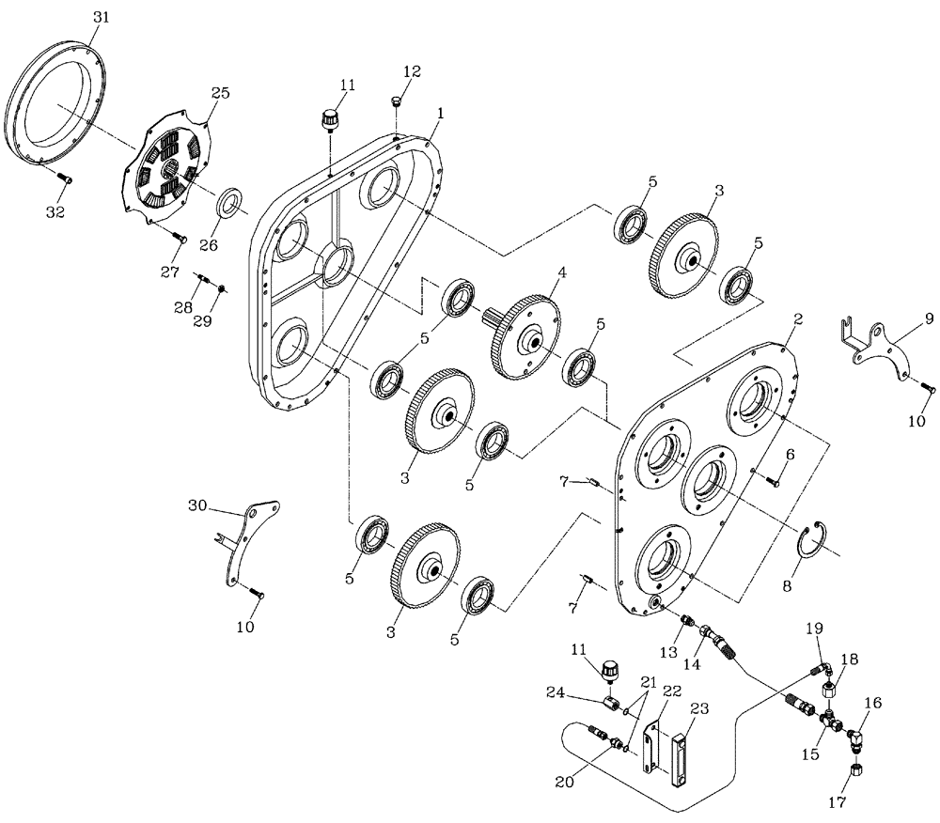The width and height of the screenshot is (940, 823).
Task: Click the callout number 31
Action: tap(102, 18)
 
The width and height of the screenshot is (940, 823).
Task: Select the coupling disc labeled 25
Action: tap(169, 168)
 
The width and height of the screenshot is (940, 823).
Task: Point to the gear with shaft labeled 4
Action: tap(525, 335)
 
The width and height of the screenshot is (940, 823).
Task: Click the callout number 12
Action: tap(413, 71)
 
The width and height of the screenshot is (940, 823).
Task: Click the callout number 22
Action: tap(670, 691)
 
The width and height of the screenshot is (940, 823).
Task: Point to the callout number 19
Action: tap(814, 627)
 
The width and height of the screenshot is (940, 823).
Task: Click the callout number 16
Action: tap(873, 702)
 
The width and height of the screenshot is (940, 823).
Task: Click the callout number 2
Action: tap(797, 318)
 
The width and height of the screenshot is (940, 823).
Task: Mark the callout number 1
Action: tap(441, 111)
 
